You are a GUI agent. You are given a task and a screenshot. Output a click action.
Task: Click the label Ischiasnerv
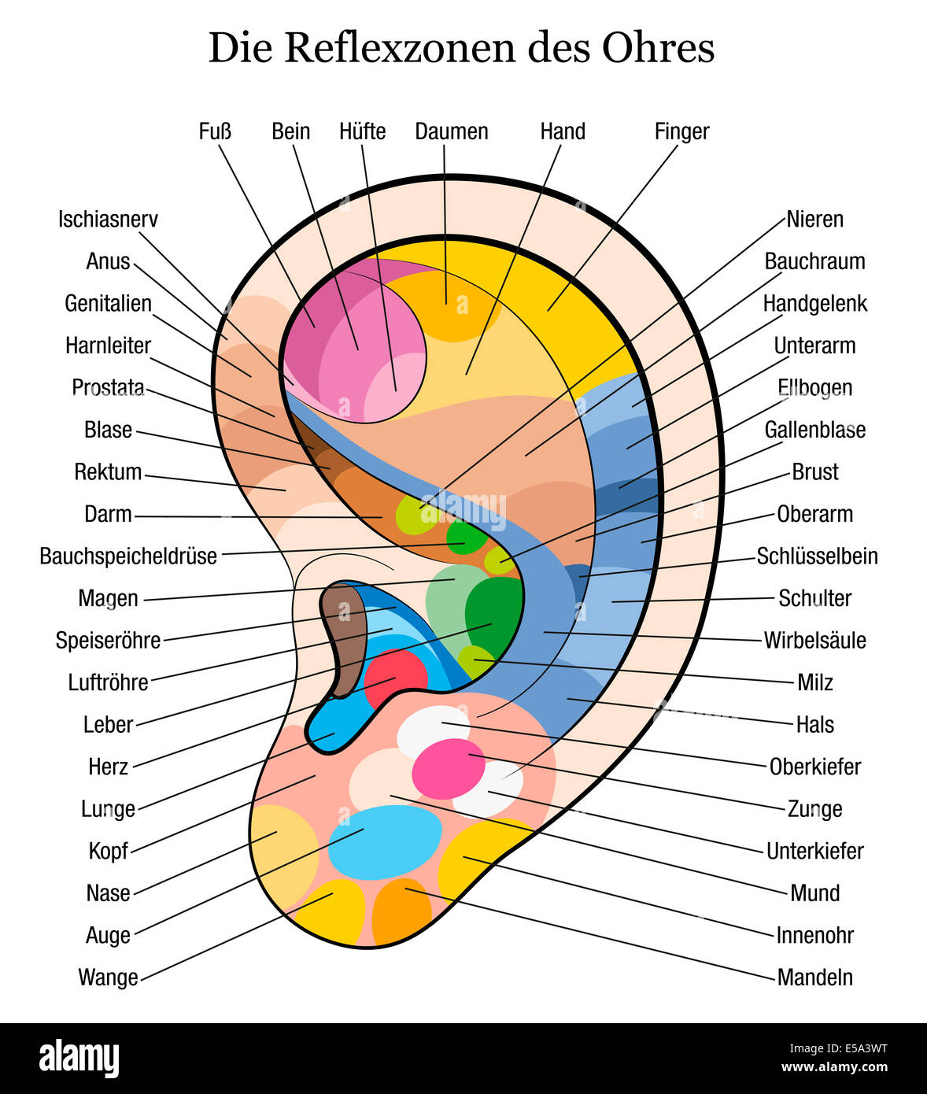click(x=108, y=220)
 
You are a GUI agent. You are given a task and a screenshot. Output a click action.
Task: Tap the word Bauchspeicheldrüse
click(x=128, y=556)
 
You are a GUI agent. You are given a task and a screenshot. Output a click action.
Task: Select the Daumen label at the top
click(x=452, y=131)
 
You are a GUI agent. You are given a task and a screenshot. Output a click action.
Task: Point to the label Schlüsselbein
click(x=817, y=556)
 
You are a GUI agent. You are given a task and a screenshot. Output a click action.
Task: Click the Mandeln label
click(x=814, y=978)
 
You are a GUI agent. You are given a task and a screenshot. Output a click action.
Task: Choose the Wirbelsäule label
click(x=814, y=641)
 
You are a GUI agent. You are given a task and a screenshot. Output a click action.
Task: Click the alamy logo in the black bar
click(x=79, y=1058)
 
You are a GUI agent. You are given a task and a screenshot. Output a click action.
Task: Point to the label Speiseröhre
click(x=108, y=641)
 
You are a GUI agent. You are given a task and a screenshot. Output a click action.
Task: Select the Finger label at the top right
click(x=681, y=131)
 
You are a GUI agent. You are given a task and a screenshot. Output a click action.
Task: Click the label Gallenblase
click(x=814, y=431)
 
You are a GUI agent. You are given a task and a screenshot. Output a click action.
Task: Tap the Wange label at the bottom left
click(x=108, y=978)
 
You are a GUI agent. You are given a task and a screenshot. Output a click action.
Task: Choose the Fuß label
click(x=215, y=131)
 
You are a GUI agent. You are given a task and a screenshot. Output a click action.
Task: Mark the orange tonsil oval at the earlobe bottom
click(x=401, y=911)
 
